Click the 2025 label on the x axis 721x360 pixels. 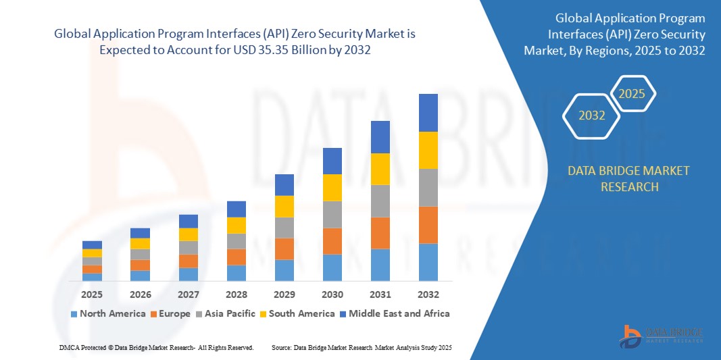(92, 294)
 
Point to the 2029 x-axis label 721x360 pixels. (284, 294)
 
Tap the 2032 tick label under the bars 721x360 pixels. (428, 294)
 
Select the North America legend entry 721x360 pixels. (107, 313)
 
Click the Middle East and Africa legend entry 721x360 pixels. (395, 313)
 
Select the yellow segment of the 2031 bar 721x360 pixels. (380, 169)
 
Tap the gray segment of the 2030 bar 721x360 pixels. (332, 214)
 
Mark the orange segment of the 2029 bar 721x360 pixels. (284, 249)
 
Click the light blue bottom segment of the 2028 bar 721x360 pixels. (237, 273)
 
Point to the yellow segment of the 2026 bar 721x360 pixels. (140, 243)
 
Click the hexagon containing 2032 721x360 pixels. (592, 115)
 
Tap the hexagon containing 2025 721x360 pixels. (632, 93)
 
